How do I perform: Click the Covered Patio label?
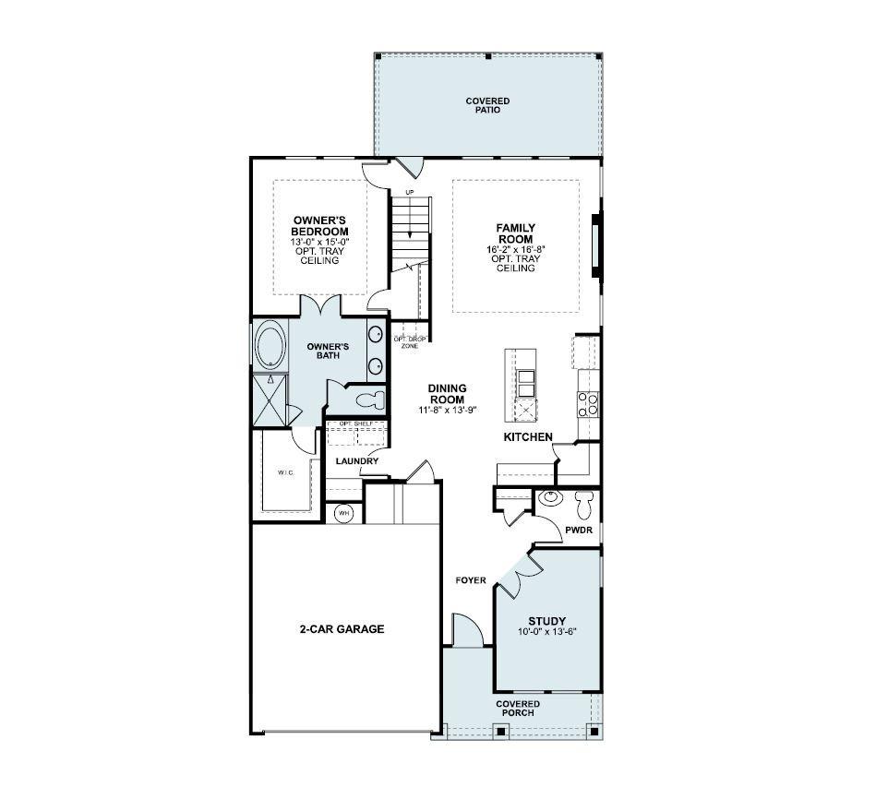487,105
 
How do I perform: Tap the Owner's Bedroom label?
320,226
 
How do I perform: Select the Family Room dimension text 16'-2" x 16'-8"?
515,249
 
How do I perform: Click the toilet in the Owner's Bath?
370,399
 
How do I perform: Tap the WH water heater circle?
343,513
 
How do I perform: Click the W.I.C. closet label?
285,472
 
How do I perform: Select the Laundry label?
357,461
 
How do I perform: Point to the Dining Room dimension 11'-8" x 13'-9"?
448,410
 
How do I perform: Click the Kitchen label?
528,436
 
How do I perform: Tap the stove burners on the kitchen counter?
588,404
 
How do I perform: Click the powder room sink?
549,498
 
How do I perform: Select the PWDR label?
579,531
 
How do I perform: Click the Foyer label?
471,580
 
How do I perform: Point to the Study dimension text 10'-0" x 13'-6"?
547,632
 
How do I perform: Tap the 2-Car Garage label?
342,628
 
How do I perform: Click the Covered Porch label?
518,709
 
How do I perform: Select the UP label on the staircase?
410,193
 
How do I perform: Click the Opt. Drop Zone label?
410,342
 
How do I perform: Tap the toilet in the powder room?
583,505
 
